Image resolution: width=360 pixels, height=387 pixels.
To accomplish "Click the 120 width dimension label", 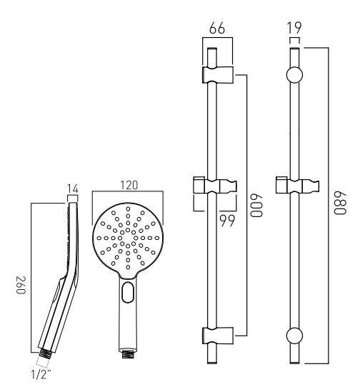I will [129, 185].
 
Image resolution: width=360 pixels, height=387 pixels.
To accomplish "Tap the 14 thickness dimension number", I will [72, 190].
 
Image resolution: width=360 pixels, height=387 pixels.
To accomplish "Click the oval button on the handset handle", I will [128, 293].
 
